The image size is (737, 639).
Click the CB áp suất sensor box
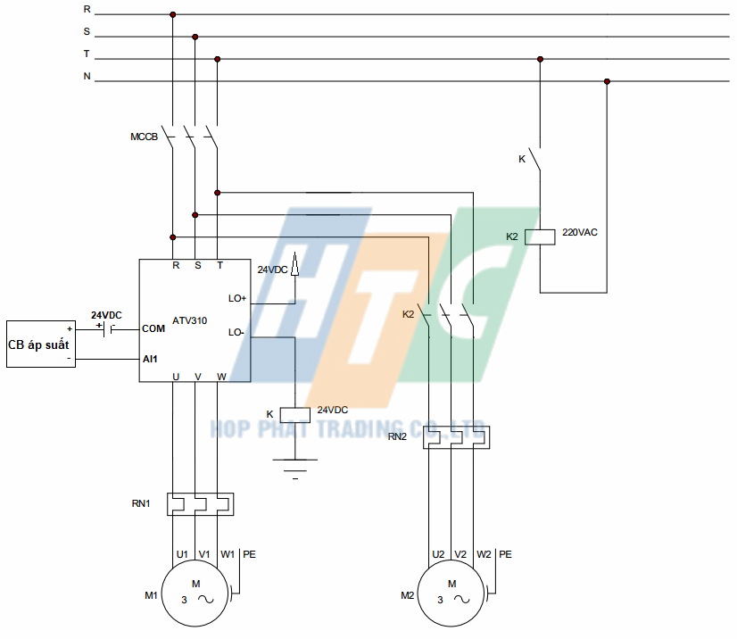point(41,344)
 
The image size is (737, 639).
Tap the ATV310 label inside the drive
point(189,319)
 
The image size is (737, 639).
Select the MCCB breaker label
point(144,137)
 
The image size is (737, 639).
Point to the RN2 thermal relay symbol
point(457,437)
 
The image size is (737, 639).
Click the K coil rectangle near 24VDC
point(294,414)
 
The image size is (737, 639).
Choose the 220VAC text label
point(579,233)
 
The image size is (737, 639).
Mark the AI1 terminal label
point(150,359)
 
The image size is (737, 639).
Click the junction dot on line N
point(607,81)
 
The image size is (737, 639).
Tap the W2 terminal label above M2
point(484,554)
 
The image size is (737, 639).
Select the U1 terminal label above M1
point(181,554)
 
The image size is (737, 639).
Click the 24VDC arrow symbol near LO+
point(294,267)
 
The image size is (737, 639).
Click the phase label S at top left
point(87,31)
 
